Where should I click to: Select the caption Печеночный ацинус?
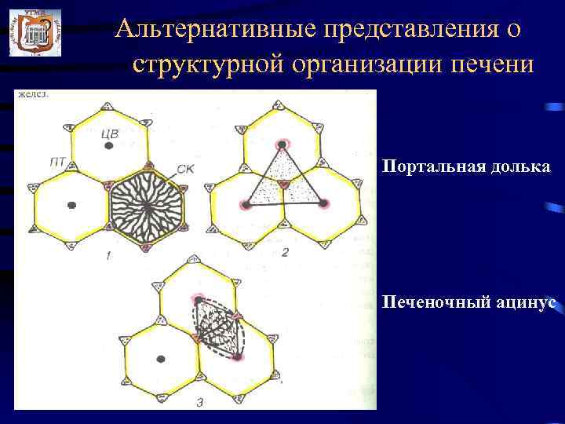point(470,302)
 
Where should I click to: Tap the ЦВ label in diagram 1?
point(110,133)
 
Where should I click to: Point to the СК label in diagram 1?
point(187,167)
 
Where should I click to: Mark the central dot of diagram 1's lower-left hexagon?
point(71,205)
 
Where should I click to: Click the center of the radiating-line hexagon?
point(147,206)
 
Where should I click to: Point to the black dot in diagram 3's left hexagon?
point(162,360)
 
